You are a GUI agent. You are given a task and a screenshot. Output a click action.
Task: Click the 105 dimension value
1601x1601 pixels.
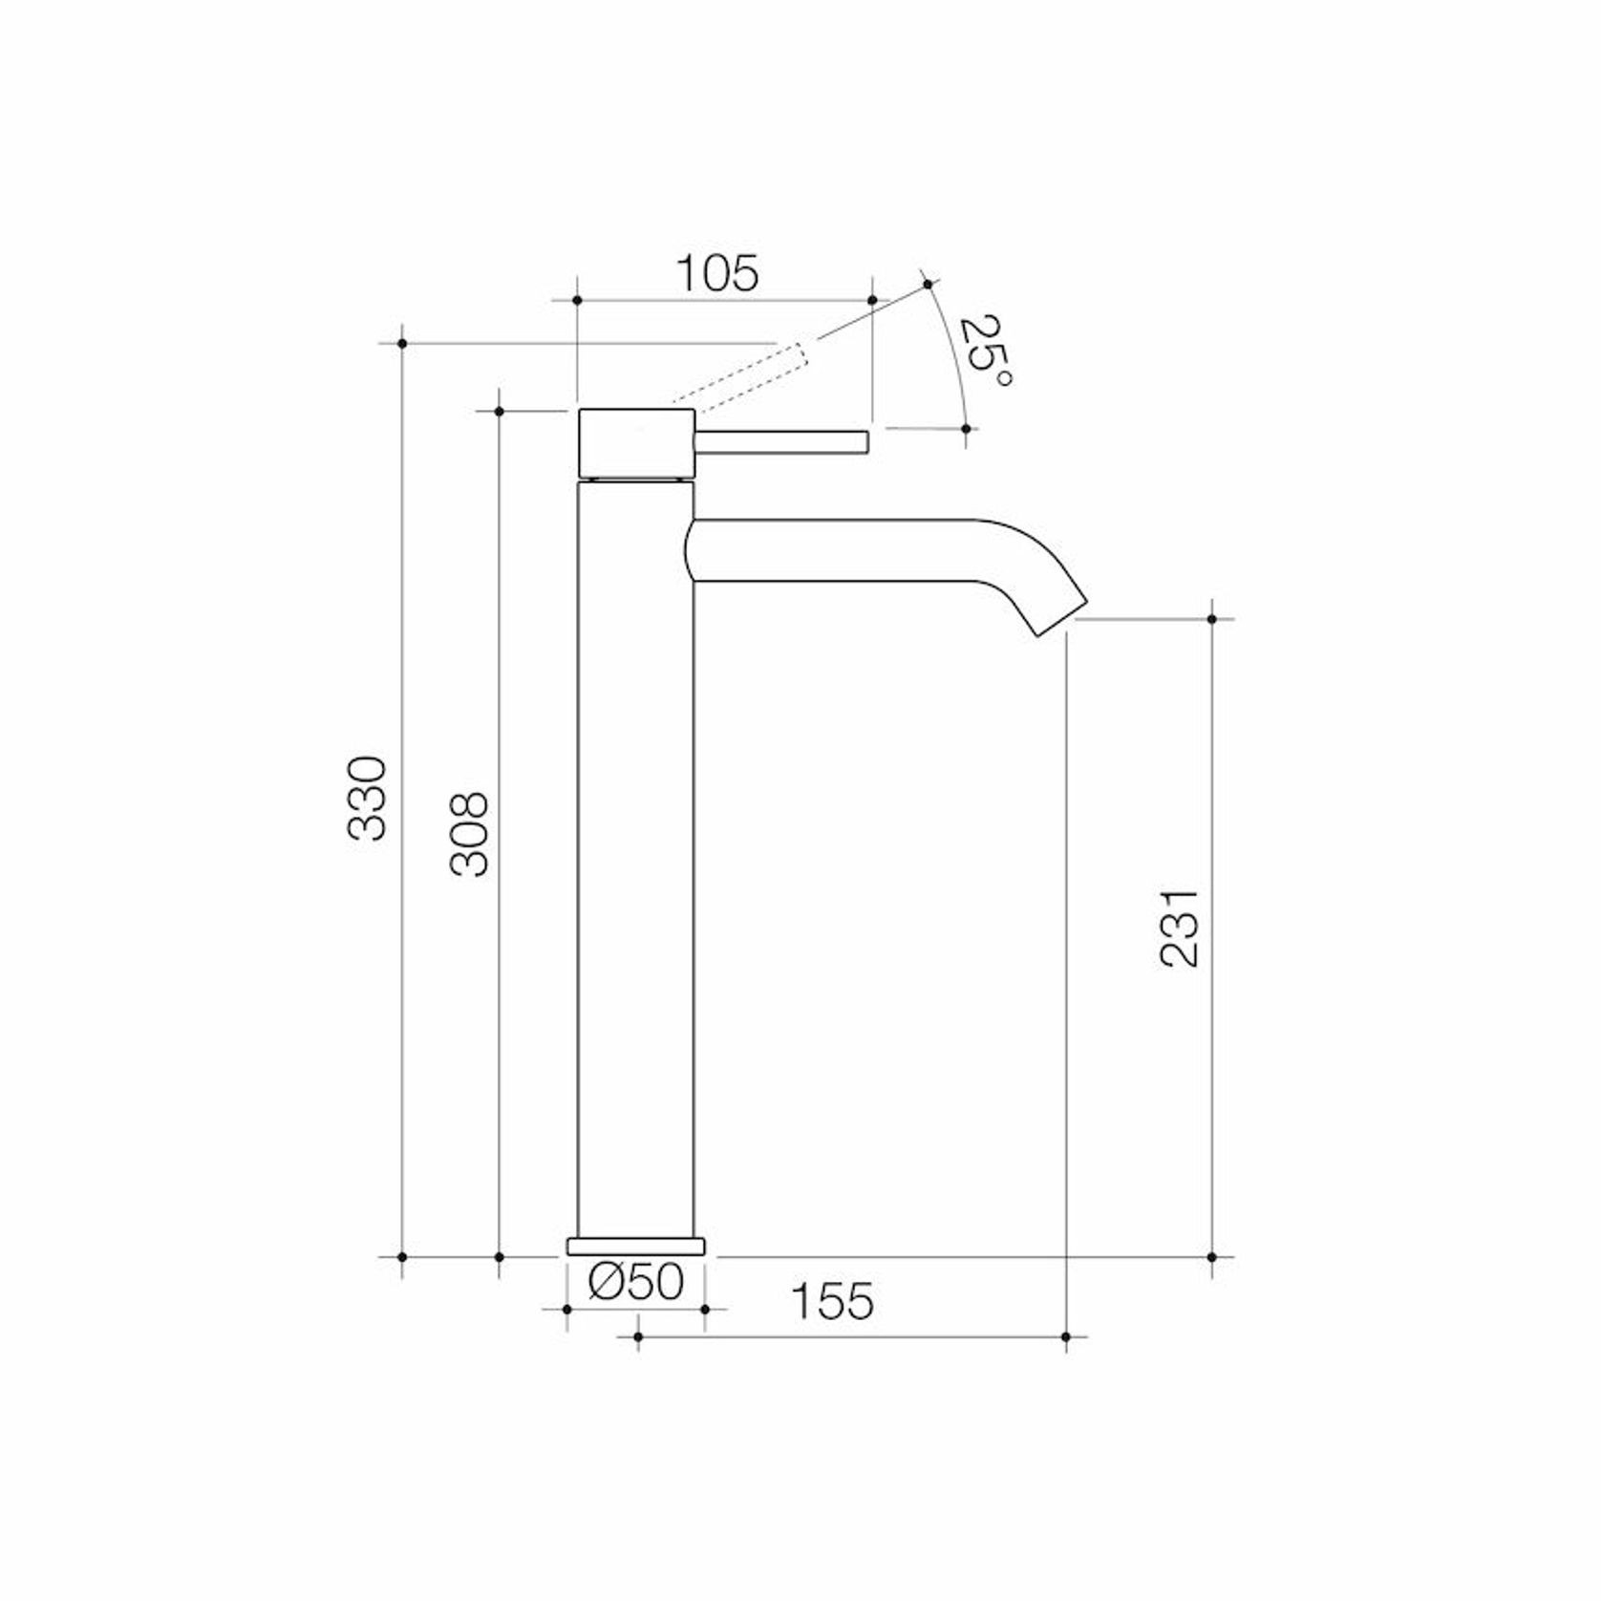(x=717, y=274)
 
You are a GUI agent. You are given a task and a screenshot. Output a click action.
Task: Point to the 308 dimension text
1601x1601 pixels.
(x=469, y=834)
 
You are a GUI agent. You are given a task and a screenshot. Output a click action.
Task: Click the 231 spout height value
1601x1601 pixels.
(x=1178, y=928)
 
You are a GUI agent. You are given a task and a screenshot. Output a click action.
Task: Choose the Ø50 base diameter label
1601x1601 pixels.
(x=636, y=1282)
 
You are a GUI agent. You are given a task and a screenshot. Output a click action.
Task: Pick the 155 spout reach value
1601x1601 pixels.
(x=832, y=1301)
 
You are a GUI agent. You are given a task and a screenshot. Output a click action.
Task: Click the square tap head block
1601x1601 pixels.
(x=636, y=441)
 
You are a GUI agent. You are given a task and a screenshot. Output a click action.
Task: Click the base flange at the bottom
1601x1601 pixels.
(x=636, y=1246)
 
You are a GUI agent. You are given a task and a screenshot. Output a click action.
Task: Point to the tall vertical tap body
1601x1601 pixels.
(x=636, y=860)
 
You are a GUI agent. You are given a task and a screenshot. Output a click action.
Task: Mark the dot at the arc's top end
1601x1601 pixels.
(x=928, y=284)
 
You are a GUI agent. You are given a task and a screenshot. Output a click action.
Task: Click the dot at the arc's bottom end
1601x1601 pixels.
(x=966, y=429)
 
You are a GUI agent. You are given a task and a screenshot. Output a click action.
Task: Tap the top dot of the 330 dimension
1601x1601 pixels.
(x=402, y=342)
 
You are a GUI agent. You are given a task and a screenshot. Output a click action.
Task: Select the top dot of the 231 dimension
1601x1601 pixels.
(x=1212, y=619)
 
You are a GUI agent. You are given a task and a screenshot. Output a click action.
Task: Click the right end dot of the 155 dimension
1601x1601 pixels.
(x=1066, y=1336)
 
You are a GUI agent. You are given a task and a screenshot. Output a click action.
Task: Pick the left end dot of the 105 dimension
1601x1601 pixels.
(x=577, y=300)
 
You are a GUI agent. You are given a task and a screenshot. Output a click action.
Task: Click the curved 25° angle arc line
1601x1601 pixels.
(x=952, y=353)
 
